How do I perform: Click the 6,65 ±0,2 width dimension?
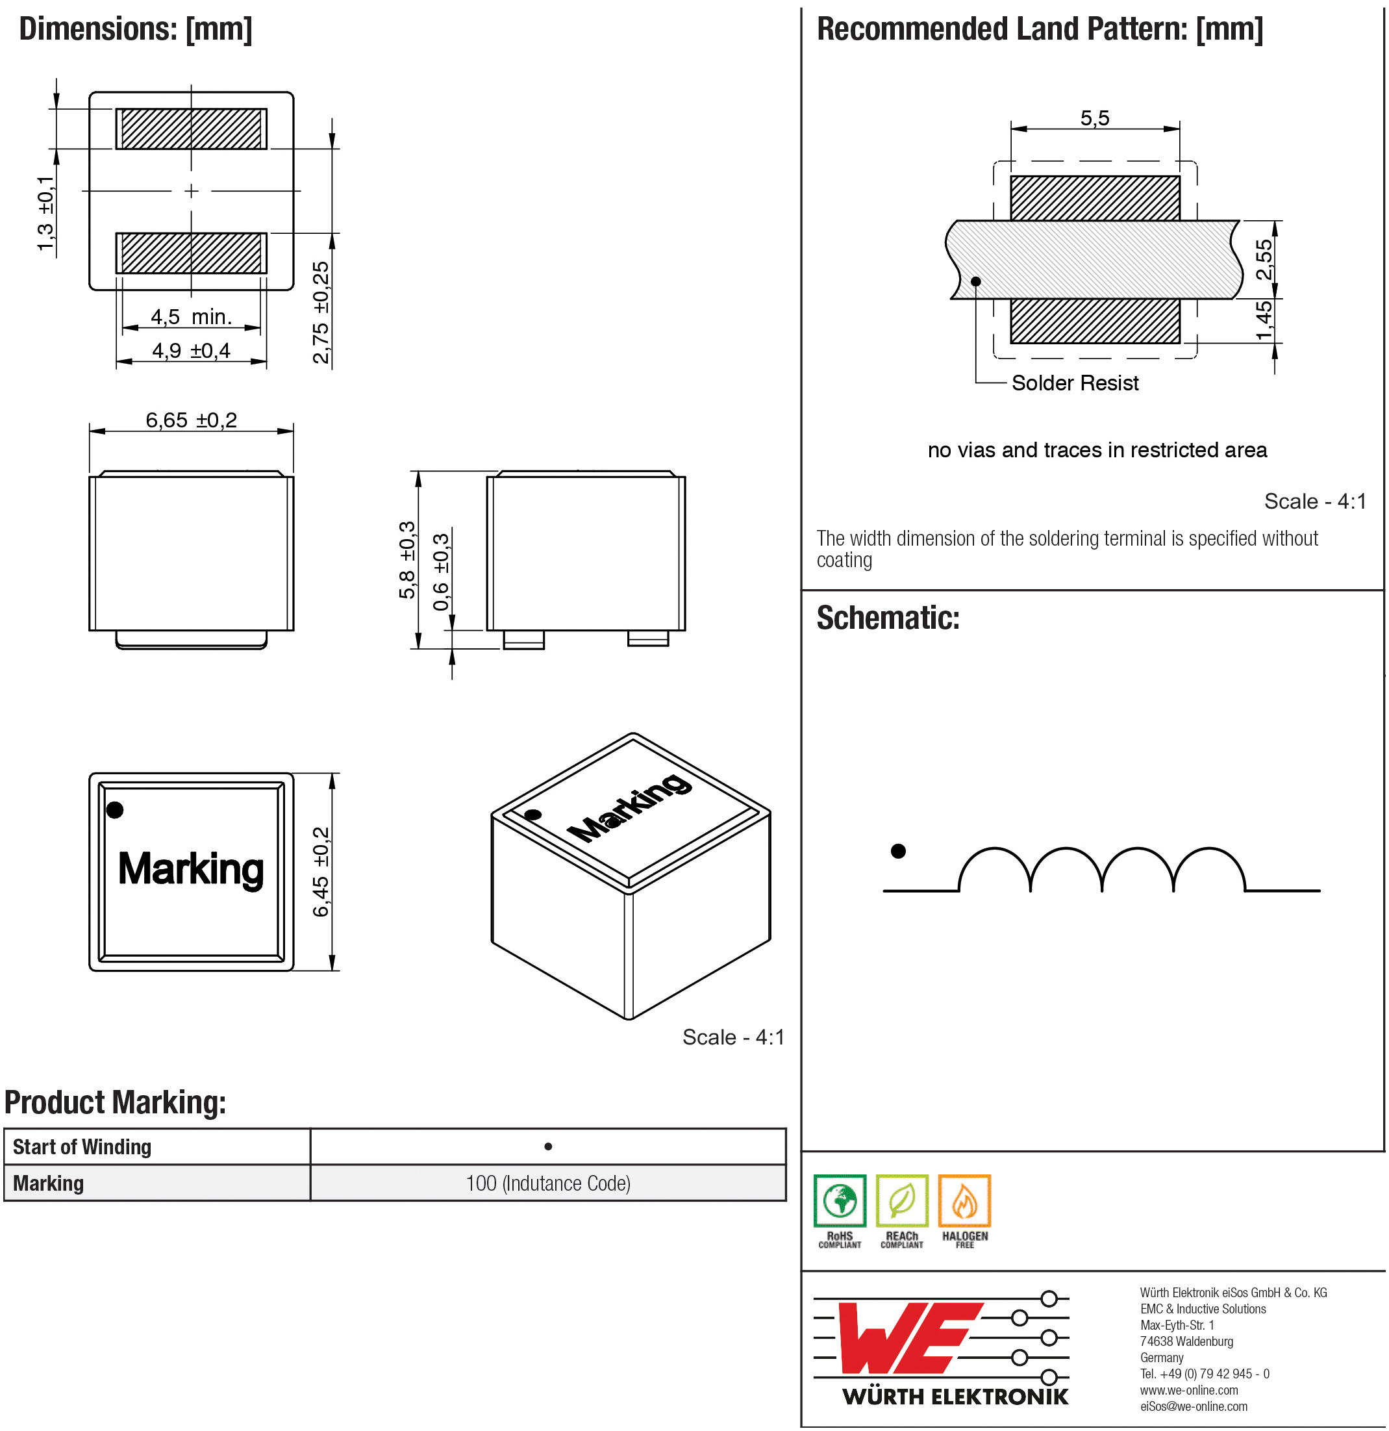point(191,420)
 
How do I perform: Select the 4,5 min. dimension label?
point(191,317)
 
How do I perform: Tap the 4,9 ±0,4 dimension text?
point(191,351)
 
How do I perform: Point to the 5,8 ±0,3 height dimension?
point(407,560)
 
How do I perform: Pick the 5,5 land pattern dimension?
point(1095,118)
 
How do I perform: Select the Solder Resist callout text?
point(1075,383)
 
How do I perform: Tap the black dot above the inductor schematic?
point(899,852)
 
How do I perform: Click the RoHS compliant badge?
point(840,1211)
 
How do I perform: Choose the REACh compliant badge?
point(901,1211)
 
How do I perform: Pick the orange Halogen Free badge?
point(964,1211)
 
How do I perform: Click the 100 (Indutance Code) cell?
point(548,1184)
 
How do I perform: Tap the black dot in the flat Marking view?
point(114,809)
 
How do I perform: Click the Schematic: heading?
point(888,618)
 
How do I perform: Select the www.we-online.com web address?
point(1189,1390)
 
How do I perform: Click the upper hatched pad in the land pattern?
point(1095,198)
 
